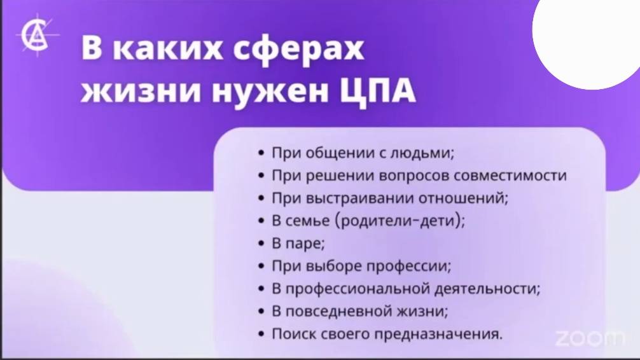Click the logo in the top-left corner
[x=37, y=35]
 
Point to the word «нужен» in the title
[x=271, y=90]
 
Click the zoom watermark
[x=590, y=338]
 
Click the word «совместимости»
[x=510, y=176]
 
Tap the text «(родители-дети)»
[x=398, y=221]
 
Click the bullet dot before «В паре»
[x=261, y=244]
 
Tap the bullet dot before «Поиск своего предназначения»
[x=261, y=335]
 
